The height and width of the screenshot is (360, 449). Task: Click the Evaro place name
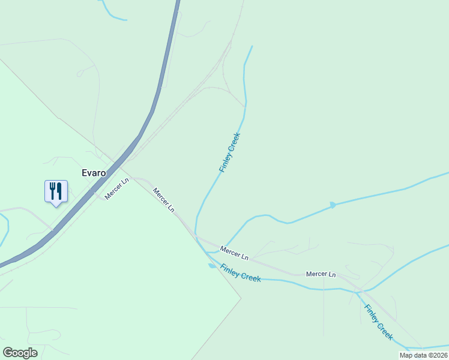click(94, 173)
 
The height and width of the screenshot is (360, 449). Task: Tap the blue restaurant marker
click(56, 192)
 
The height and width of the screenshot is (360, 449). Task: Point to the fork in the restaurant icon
click(52, 191)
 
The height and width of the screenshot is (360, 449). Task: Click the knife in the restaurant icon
click(59, 191)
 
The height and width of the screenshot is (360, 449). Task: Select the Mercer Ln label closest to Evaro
click(116, 188)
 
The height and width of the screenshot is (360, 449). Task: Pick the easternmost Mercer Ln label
click(321, 274)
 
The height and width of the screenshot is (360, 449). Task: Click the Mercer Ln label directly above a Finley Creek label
click(234, 253)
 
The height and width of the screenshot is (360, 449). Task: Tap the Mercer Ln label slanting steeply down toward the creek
click(163, 200)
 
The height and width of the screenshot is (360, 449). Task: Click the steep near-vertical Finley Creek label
click(230, 152)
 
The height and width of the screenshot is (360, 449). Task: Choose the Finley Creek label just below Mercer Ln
click(240, 273)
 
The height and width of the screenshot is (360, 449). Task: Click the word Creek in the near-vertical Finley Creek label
click(234, 144)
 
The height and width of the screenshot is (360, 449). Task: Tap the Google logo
click(20, 353)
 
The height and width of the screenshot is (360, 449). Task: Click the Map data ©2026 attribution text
click(423, 355)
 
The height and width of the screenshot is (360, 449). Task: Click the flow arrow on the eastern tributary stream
click(333, 205)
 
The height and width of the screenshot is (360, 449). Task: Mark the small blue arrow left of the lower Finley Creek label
click(211, 266)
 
